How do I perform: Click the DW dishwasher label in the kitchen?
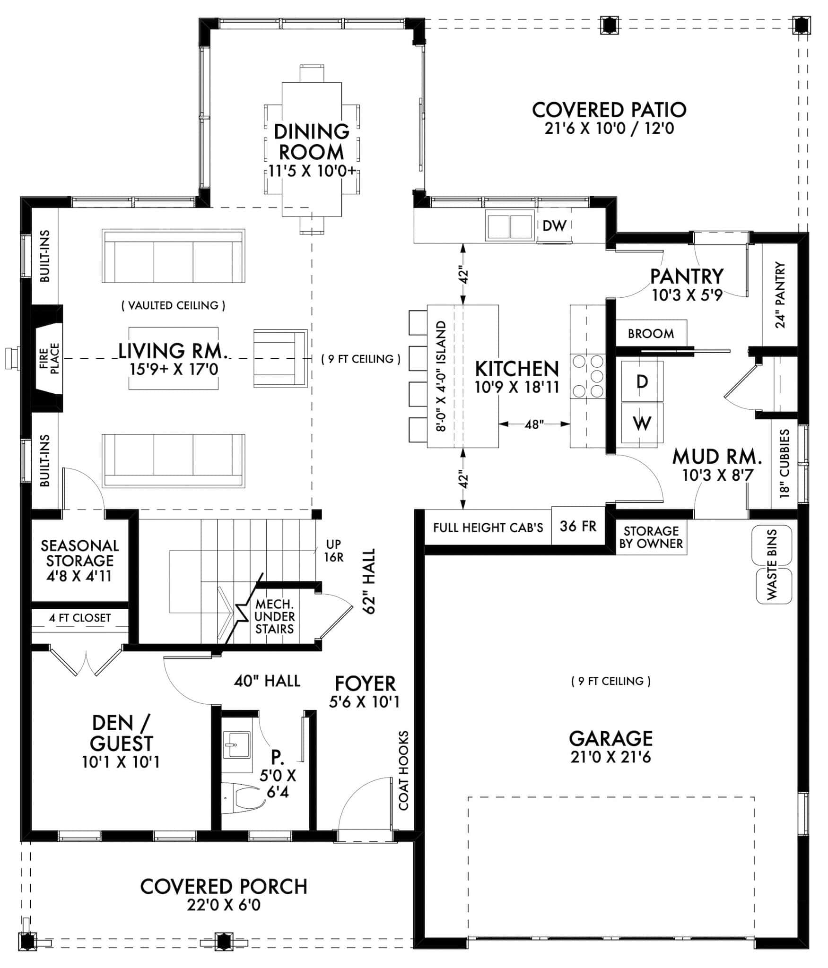[x=554, y=226]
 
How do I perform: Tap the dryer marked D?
[x=642, y=381]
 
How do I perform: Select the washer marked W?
[x=642, y=423]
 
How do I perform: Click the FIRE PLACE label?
[x=49, y=358]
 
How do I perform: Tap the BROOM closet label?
[x=651, y=334]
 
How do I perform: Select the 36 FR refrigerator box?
[x=578, y=526]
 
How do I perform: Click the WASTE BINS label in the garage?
[x=772, y=564]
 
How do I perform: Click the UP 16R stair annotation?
[x=333, y=551]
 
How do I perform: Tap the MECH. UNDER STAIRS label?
[x=274, y=616]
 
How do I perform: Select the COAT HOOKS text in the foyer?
[x=403, y=771]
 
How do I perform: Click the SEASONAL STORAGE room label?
[x=79, y=561]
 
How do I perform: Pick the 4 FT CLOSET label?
[x=80, y=618]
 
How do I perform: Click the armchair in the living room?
[x=280, y=358]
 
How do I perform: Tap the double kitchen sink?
[x=509, y=226]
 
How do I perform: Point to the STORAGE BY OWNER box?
[x=651, y=537]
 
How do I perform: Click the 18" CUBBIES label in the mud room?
[x=784, y=463]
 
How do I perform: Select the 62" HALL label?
[x=369, y=581]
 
